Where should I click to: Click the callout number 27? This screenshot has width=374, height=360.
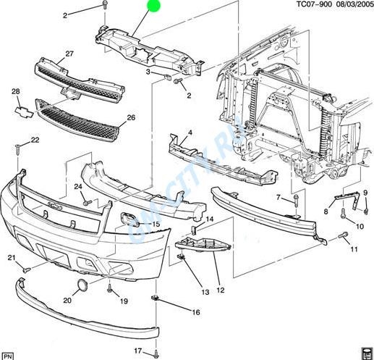[x=69, y=54]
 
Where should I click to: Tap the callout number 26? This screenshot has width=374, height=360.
[x=131, y=117]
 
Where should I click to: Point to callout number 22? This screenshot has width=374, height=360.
[x=35, y=140]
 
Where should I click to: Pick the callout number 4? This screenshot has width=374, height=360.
[x=190, y=133]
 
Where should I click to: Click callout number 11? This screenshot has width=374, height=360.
[x=354, y=250]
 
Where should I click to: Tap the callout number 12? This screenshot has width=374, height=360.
[x=221, y=290]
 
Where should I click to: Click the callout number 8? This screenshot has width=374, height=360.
[x=326, y=212]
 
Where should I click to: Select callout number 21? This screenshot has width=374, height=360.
[x=12, y=259]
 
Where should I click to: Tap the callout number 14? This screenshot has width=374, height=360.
[x=209, y=219]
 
